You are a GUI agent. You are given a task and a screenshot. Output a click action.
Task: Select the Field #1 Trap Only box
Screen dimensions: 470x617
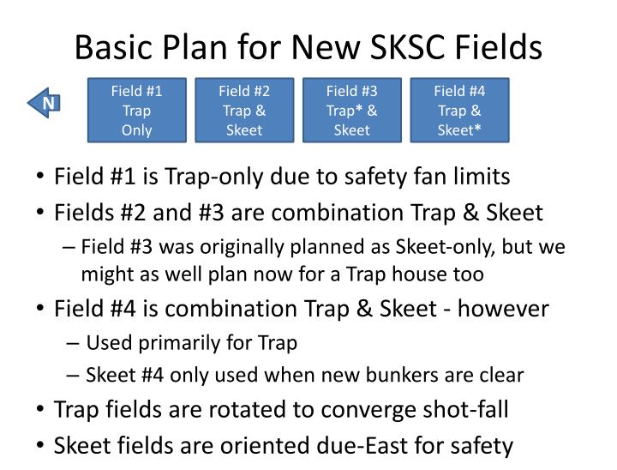point(137,110)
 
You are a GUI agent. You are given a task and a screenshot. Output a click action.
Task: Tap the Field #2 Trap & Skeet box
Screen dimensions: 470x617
point(244,110)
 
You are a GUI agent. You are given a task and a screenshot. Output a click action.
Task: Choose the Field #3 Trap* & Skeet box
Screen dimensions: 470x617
point(351,110)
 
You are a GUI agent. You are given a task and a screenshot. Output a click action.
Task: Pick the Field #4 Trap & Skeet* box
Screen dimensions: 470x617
point(459,110)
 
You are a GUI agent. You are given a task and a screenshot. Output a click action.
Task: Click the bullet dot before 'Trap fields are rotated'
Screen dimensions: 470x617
point(41,410)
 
